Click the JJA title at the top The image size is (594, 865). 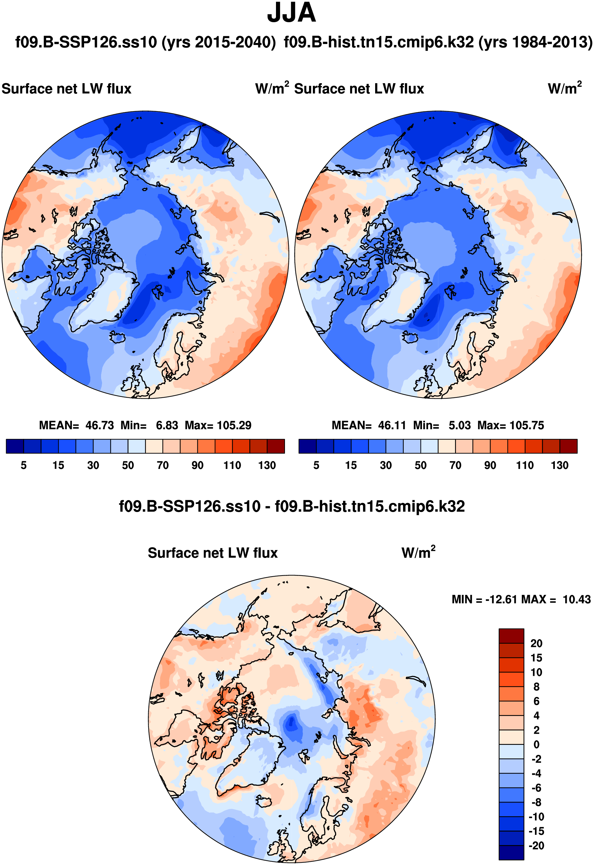tap(291, 13)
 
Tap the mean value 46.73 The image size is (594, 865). tap(99, 425)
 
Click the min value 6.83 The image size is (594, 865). tap(167, 425)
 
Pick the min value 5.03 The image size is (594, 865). tap(459, 425)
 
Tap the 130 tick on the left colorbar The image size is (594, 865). tap(267, 465)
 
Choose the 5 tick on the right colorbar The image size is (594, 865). tap(316, 465)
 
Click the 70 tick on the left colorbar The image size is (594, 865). tap(163, 465)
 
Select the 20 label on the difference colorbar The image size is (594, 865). tap(536, 643)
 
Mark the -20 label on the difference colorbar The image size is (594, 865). tap(536, 846)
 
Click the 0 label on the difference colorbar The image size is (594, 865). tap(536, 745)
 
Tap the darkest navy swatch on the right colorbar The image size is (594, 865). tap(307, 446)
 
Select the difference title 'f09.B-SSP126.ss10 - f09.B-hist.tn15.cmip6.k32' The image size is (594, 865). tap(291, 507)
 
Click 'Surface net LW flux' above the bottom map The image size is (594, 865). tap(212, 553)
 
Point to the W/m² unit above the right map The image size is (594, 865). tap(564, 88)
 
